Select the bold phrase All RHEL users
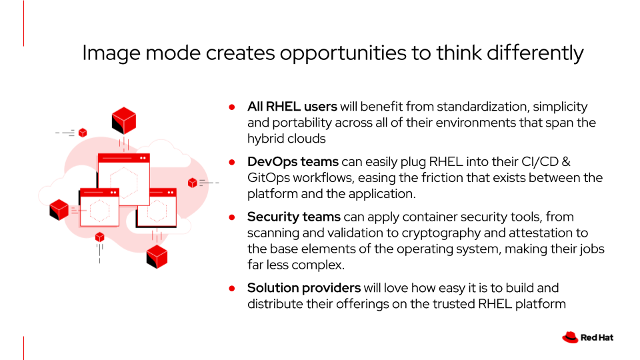click(292, 107)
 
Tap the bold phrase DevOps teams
click(293, 161)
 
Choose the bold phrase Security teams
click(294, 217)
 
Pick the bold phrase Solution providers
click(304, 288)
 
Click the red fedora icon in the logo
click(570, 337)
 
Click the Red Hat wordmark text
click(597, 337)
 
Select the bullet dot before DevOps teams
click(232, 163)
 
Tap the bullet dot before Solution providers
click(232, 289)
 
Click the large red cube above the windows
click(124, 121)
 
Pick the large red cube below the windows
click(157, 256)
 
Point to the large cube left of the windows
click(59, 210)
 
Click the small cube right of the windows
click(192, 183)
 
